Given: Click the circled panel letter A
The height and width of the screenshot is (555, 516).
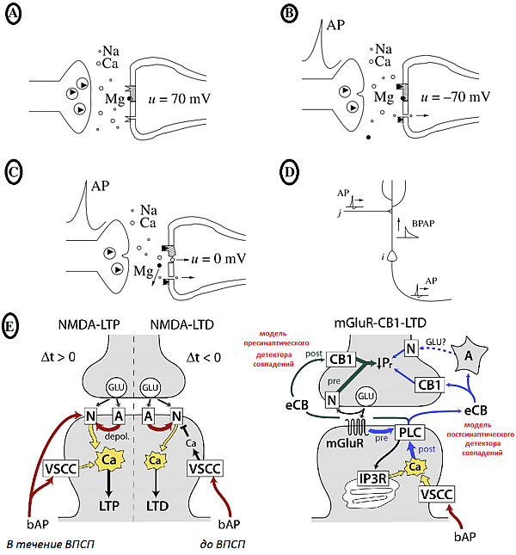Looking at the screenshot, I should click(14, 15).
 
